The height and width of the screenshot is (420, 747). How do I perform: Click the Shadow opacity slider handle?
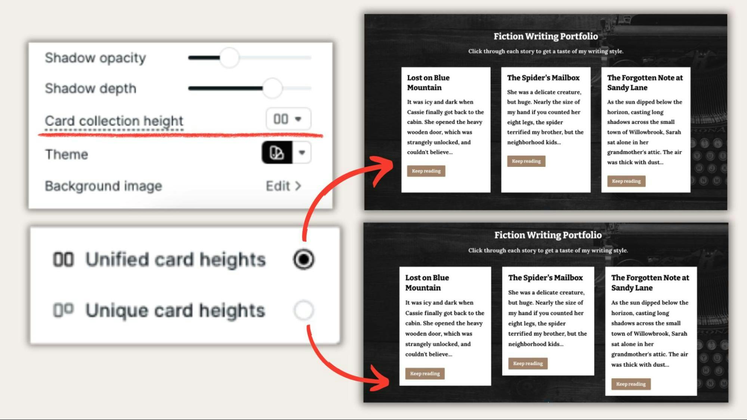click(x=229, y=57)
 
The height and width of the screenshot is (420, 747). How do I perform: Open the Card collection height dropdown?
click(x=288, y=119)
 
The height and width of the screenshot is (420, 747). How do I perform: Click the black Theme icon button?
click(x=277, y=152)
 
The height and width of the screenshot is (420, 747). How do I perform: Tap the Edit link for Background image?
click(x=283, y=186)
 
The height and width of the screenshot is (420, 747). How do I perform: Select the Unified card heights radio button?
click(x=303, y=259)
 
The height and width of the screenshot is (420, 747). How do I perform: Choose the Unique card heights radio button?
click(x=303, y=310)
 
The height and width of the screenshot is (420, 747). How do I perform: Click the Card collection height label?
click(x=114, y=121)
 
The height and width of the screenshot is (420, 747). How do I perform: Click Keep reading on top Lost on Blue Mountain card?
click(x=426, y=171)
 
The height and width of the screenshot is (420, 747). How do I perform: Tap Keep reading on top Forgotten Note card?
click(x=626, y=181)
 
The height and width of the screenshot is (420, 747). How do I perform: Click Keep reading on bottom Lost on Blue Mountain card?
click(x=425, y=373)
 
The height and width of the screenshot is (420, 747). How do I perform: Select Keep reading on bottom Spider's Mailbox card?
click(x=528, y=363)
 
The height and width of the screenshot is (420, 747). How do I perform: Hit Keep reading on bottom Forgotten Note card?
click(x=631, y=384)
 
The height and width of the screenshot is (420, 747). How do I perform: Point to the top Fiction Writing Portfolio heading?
click(x=546, y=36)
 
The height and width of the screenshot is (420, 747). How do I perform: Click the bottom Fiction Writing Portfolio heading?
click(x=548, y=235)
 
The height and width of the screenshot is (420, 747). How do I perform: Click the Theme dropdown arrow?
click(x=302, y=152)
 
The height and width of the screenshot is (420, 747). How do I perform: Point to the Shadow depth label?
click(x=90, y=88)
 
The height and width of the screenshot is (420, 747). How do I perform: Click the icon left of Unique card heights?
click(x=63, y=310)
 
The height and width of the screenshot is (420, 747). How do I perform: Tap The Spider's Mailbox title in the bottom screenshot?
click(x=545, y=278)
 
